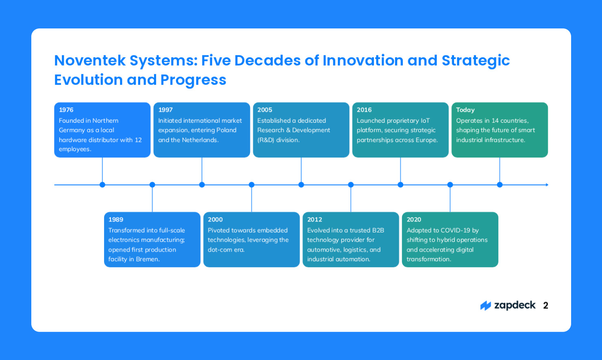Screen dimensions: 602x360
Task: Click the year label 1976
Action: tap(66, 110)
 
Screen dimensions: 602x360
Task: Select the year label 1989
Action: tap(116, 219)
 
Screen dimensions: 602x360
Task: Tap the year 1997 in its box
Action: tap(165, 110)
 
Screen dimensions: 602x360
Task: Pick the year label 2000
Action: tap(215, 219)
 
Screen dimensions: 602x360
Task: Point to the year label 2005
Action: tap(265, 110)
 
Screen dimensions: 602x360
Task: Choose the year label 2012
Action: tap(315, 219)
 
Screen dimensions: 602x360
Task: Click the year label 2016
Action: tap(364, 110)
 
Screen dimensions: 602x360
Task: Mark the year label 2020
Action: tap(414, 219)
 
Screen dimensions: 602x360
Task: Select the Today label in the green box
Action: tap(465, 110)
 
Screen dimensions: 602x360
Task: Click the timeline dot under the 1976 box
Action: tap(102, 185)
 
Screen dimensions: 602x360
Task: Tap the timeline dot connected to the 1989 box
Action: tap(152, 185)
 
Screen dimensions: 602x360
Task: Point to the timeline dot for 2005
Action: tap(301, 185)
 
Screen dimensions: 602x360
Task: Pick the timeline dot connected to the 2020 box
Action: tap(450, 185)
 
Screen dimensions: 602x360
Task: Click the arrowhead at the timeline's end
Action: tap(547, 185)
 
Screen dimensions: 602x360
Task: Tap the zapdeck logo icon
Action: tap(485, 306)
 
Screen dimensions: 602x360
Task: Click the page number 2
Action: tap(545, 306)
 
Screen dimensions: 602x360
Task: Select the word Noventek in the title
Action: tap(89, 61)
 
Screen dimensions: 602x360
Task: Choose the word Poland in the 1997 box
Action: tap(226, 130)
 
